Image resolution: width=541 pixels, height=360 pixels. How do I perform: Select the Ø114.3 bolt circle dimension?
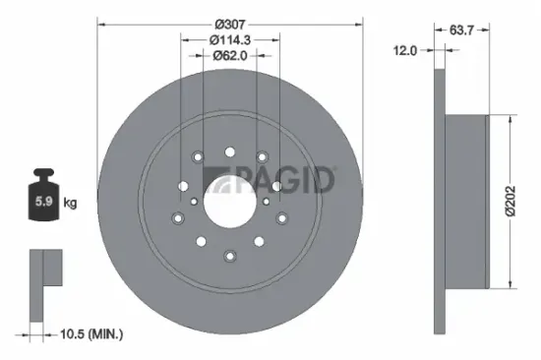coord(229,38)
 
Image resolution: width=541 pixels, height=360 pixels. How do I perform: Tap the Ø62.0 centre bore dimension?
coord(229,56)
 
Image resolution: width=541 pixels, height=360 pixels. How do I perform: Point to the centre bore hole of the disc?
coord(229,205)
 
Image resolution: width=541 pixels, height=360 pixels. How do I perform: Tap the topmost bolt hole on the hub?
coord(229,151)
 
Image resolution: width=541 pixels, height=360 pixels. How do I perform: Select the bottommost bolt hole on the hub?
coord(229,258)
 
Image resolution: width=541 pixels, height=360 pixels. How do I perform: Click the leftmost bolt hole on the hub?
coord(177,217)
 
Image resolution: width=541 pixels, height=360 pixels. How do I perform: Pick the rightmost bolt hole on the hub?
coord(281,217)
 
